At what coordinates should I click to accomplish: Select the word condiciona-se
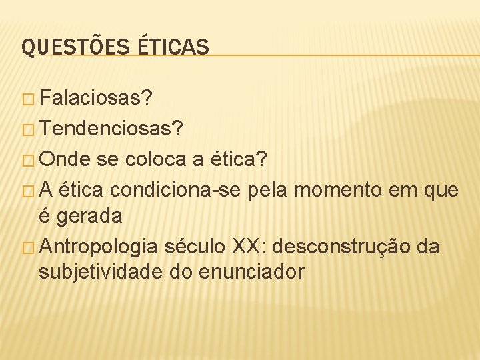(177, 191)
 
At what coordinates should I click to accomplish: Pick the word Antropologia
(99, 247)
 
